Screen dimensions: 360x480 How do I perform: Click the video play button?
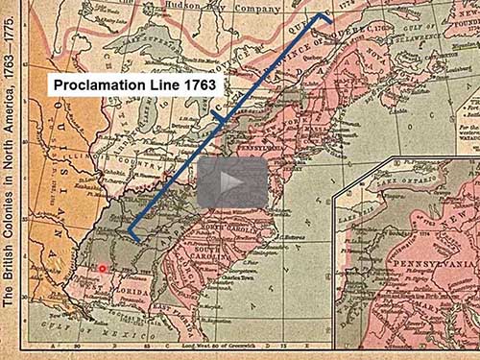coord(232,180)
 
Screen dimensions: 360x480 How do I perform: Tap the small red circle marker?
coord(102,268)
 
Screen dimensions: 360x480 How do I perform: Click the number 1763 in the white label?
coord(201,84)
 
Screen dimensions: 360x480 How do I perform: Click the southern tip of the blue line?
coord(132,236)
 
